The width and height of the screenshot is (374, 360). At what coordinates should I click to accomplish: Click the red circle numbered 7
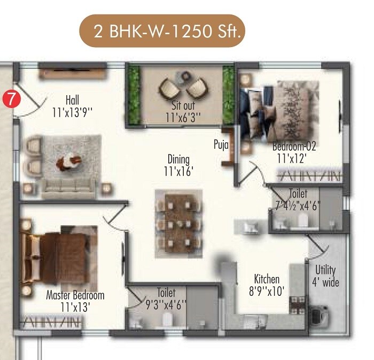[10, 99]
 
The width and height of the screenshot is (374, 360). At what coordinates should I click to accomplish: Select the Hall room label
[73, 99]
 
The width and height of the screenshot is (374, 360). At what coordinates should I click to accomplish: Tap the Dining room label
[178, 159]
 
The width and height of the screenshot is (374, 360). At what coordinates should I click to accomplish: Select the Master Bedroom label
[75, 295]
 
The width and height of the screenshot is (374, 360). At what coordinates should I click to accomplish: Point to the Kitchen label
[267, 279]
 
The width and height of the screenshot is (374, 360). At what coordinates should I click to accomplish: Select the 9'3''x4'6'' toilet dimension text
[166, 304]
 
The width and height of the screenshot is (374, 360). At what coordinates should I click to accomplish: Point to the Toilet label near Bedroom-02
[298, 193]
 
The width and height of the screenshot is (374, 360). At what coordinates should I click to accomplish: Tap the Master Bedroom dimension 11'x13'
[75, 307]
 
